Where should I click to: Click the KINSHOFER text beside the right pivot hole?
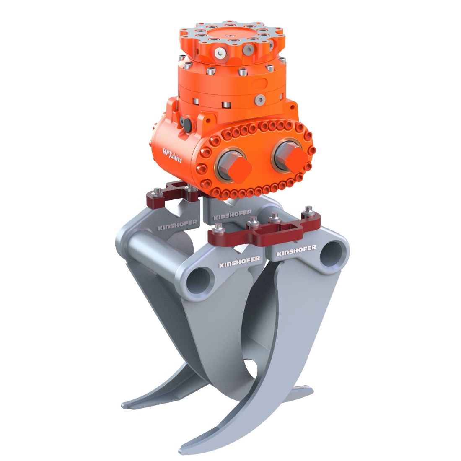[297, 249]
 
